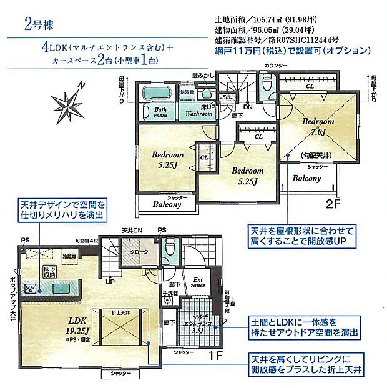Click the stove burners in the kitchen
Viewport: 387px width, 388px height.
(31, 288)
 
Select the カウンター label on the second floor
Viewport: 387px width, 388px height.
(276, 66)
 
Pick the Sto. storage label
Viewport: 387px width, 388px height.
(228, 98)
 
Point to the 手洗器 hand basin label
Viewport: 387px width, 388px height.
(170, 292)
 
